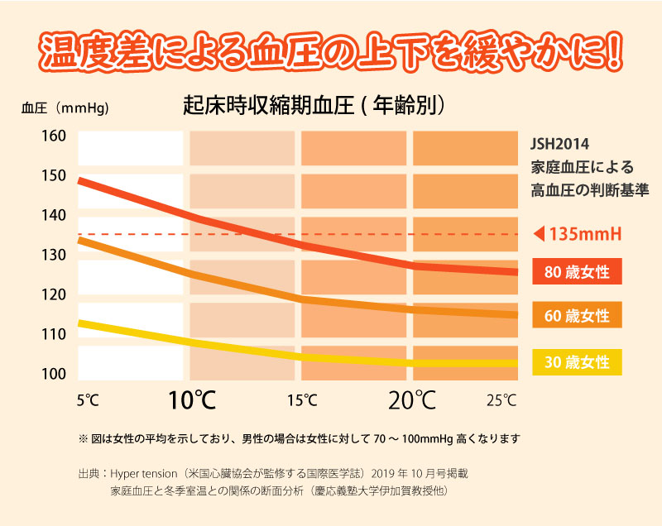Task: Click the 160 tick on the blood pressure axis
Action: pyautogui.click(x=54, y=136)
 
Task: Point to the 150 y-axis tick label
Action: pyautogui.click(x=54, y=175)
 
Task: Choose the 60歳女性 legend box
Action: pyautogui.click(x=576, y=316)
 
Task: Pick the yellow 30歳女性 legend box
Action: pyautogui.click(x=576, y=361)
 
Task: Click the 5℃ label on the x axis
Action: pyautogui.click(x=88, y=401)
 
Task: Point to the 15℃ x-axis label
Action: pyautogui.click(x=302, y=401)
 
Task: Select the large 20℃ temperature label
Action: pyautogui.click(x=412, y=401)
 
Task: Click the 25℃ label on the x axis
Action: pyautogui.click(x=501, y=401)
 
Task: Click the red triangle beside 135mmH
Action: pyautogui.click(x=540, y=235)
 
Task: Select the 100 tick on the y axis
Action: pyautogui.click(x=54, y=374)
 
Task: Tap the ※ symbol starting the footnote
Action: pyautogui.click(x=82, y=438)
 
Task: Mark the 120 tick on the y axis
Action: pyautogui.click(x=54, y=294)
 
